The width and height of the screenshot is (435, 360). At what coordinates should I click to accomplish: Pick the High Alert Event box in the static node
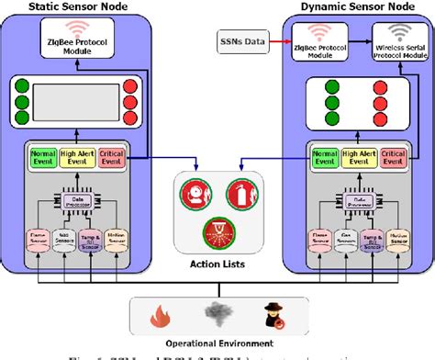point(82,158)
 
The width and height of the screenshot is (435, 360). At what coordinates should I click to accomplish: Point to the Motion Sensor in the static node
point(116,240)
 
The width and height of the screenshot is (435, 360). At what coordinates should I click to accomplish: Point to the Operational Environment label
point(217,343)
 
